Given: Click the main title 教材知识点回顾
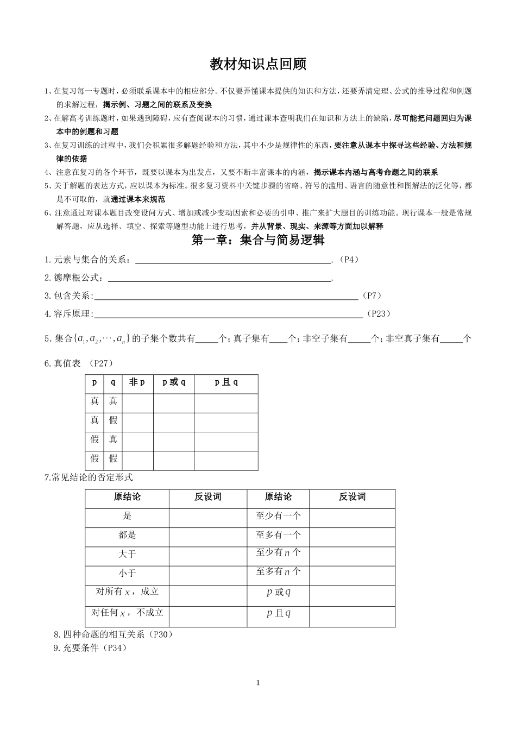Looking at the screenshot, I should pos(258,64).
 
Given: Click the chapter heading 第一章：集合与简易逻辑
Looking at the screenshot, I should pos(258,240).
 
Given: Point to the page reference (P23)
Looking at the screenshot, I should pos(378,313).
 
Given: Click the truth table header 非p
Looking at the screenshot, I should pos(137,382).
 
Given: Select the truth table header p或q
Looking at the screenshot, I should pos(174,382).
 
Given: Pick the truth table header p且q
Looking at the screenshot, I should pos(226,382).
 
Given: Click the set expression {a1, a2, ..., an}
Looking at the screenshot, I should pos(103,339).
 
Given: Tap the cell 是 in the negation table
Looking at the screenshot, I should pos(127,516).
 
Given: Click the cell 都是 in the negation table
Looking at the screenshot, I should pos(127,535).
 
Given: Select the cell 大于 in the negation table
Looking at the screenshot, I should pos(127,554).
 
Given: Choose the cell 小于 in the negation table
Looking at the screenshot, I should pos(127,573).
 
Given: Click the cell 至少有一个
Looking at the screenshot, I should pos(278,516).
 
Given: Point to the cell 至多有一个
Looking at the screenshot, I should pos(278,535).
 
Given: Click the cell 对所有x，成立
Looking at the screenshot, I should pos(127,592).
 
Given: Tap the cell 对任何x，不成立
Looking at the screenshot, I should pos(127,613).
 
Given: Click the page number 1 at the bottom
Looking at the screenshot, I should pos(258,683).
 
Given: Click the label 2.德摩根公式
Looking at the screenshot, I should pos(74,278).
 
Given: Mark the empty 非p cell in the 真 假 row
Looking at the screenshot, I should pos(137,420).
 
